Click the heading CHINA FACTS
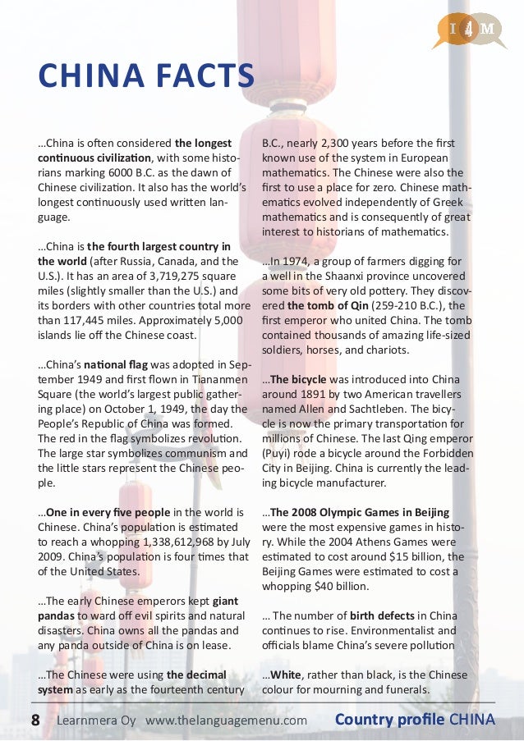[x=146, y=80]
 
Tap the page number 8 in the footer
[x=35, y=720]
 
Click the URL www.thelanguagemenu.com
[x=227, y=720]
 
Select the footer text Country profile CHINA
[x=415, y=720]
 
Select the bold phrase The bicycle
[x=297, y=380]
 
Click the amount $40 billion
[x=346, y=587]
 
